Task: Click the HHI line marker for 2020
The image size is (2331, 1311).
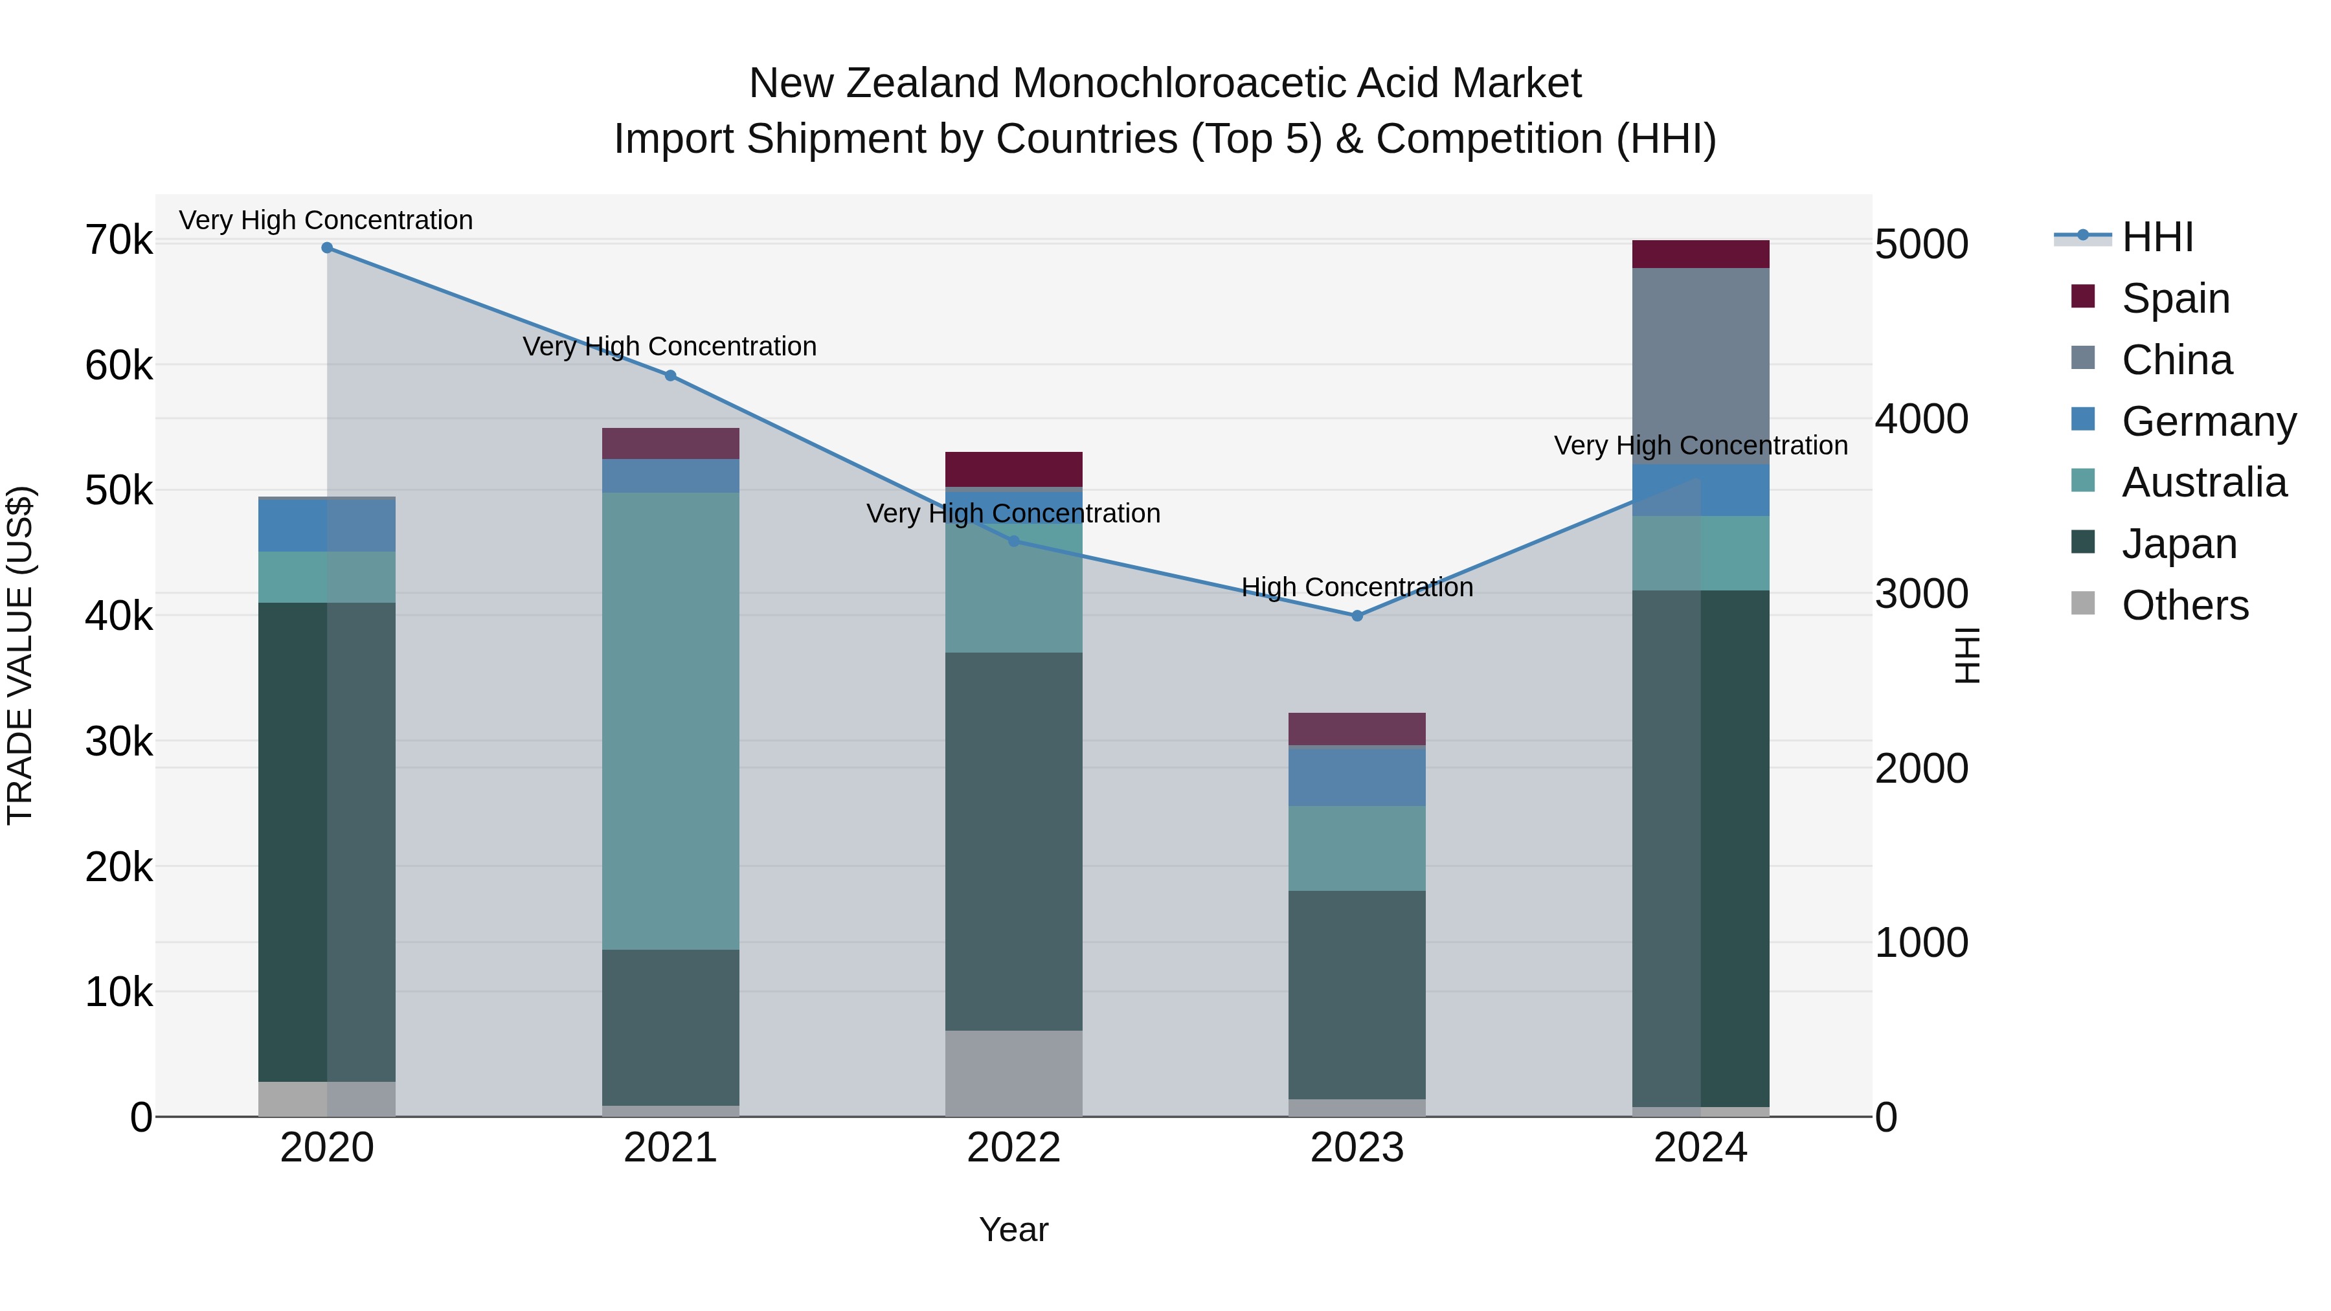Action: point(327,248)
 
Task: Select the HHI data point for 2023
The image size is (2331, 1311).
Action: point(1357,615)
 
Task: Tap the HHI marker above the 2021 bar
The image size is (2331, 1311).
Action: point(671,375)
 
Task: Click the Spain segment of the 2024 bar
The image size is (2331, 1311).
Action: point(1700,254)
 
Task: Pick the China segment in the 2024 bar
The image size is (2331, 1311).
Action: point(1700,366)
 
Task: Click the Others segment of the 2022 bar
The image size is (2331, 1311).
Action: point(1013,1073)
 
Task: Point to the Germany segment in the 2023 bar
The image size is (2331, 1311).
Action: point(1357,776)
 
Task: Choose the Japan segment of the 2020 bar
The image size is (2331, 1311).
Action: point(327,842)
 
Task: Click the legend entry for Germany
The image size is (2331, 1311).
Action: point(2208,421)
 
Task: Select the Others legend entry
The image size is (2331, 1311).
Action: point(2185,605)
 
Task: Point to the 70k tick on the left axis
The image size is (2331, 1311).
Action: point(118,241)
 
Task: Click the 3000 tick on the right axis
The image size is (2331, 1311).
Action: point(1921,594)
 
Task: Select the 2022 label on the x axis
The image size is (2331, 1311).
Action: point(1013,1148)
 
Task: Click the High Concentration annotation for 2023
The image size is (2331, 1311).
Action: point(1357,587)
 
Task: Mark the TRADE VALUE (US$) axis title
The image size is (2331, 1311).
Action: point(20,655)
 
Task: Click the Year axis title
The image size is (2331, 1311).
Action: point(1013,1229)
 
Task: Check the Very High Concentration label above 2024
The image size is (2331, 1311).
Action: point(1700,445)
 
